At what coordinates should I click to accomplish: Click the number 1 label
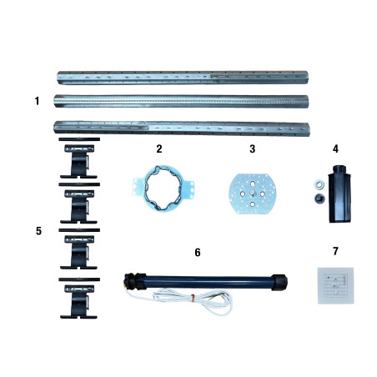click(37, 101)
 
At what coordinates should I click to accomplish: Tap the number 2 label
click(159, 148)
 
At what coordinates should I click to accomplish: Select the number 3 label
click(252, 148)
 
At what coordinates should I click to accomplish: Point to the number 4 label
click(335, 148)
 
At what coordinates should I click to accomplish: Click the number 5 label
click(38, 231)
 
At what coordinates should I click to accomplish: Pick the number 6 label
click(198, 252)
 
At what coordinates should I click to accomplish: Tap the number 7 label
click(335, 251)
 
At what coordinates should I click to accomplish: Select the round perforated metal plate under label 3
click(252, 194)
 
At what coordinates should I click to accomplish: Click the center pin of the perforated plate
click(252, 193)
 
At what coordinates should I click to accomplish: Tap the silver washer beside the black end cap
click(318, 183)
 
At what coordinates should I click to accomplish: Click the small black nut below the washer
click(319, 199)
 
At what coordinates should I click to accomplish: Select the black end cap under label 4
click(339, 194)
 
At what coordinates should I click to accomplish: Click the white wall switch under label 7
click(335, 285)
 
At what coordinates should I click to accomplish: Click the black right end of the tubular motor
click(279, 283)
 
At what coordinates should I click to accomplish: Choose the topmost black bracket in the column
click(79, 158)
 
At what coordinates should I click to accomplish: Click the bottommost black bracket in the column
click(79, 298)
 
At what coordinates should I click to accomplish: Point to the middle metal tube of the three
click(181, 101)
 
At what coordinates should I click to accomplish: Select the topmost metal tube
click(183, 78)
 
